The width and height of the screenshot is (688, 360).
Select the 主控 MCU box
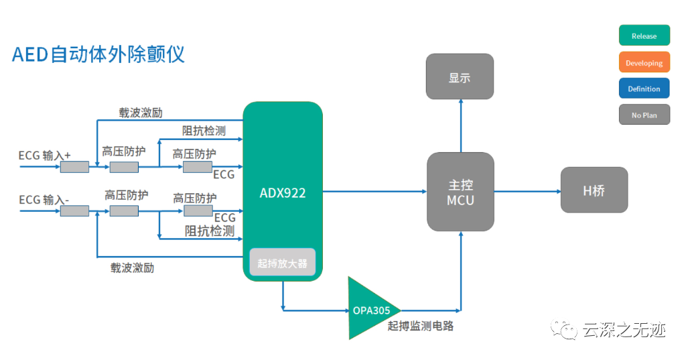coord(460,192)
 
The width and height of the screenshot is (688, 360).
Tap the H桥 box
coord(594,190)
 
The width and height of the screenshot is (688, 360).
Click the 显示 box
coord(460,77)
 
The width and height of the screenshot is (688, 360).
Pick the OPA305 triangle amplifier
coord(370,310)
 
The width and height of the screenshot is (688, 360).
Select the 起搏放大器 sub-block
coord(282,263)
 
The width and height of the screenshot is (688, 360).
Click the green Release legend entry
coord(644,36)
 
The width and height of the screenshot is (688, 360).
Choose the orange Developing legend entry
coord(644,63)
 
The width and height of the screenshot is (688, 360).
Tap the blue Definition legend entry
coord(644,88)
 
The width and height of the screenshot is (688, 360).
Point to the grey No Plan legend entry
coord(644,115)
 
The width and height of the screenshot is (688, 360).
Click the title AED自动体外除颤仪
coord(98,54)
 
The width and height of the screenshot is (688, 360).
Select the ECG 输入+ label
coord(45,156)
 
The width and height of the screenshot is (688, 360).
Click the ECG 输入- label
coord(45,199)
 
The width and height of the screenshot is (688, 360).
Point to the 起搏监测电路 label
coord(421,326)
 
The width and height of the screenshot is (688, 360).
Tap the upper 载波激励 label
coord(141,112)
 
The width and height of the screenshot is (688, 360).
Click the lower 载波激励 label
coord(132,268)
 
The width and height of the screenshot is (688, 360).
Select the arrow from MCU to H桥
coord(527,192)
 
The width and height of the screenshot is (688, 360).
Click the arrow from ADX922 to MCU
coord(374,192)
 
